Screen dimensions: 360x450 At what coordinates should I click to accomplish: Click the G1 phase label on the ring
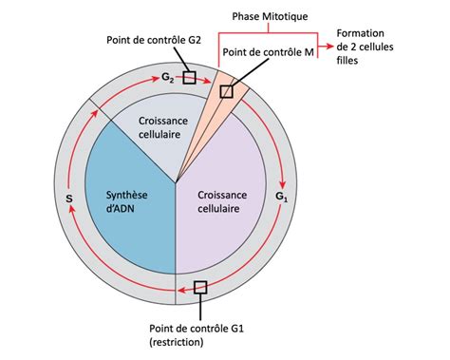click(x=281, y=197)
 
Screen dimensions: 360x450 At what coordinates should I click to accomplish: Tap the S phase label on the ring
click(x=68, y=199)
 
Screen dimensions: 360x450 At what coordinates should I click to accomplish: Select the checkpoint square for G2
click(x=190, y=78)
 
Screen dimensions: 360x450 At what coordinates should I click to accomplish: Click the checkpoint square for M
click(x=226, y=91)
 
